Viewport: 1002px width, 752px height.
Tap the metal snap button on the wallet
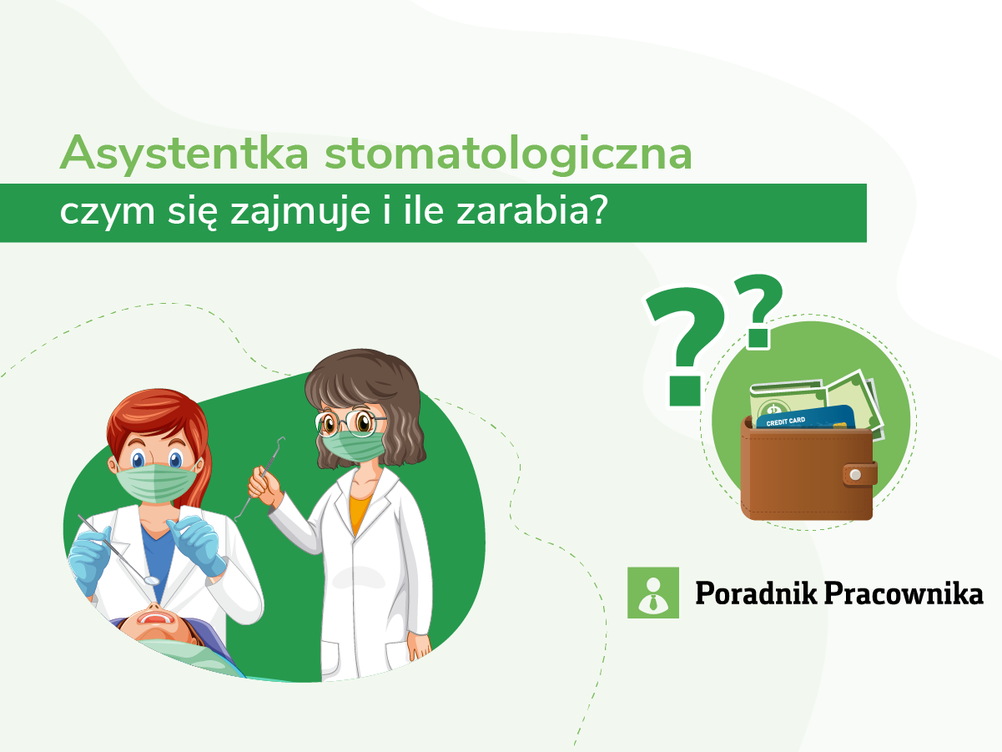[x=853, y=475]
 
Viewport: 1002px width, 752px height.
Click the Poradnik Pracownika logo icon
[x=652, y=593]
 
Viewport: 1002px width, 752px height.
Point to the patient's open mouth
[x=156, y=618]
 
